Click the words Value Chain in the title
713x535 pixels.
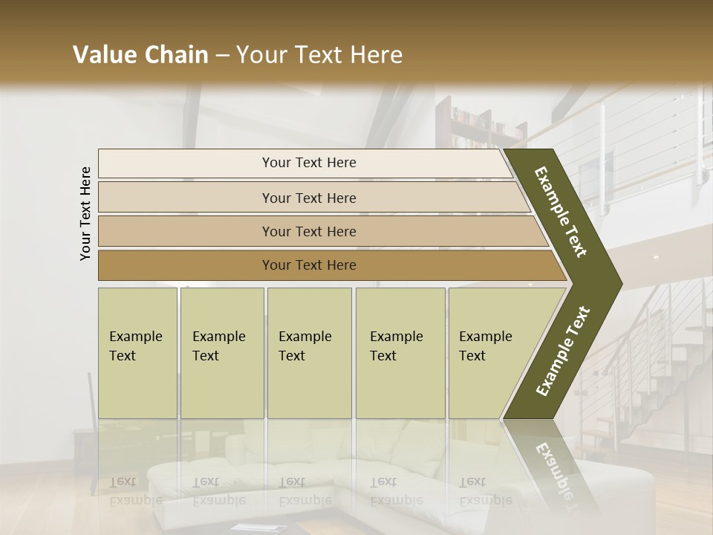140,55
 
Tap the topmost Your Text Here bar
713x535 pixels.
308,163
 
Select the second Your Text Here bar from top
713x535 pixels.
308,198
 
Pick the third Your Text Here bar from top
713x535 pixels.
308,231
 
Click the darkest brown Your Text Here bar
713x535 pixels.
308,265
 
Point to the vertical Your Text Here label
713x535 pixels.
86,213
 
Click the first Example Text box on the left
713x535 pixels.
137,352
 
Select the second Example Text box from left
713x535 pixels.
221,352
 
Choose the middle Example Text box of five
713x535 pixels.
309,352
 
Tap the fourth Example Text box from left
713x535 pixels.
400,352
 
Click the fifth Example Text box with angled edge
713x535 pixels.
490,352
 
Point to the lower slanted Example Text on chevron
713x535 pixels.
563,351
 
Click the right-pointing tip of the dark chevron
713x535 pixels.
618,283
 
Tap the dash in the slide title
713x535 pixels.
222,55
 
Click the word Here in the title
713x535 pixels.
375,55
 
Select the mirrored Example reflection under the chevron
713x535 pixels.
553,464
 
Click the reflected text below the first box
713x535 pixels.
136,491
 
